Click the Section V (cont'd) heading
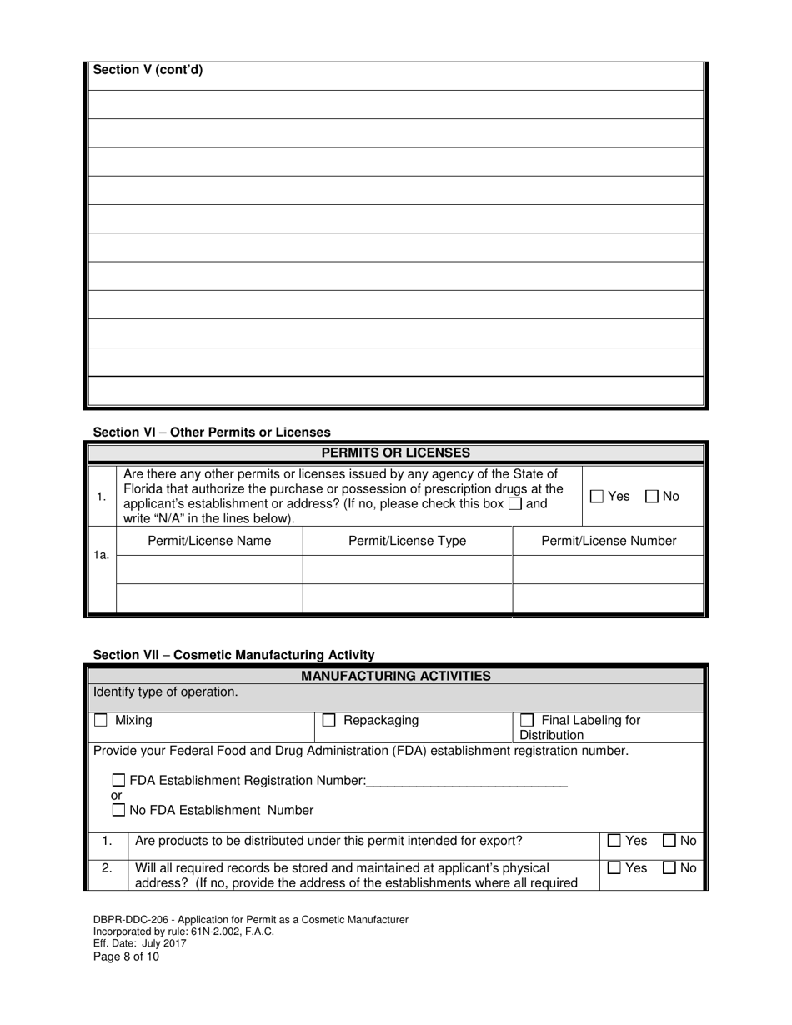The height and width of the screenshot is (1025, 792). tap(148, 70)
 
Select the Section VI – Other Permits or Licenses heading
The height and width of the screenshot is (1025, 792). tap(212, 432)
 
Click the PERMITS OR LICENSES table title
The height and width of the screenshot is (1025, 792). tap(396, 452)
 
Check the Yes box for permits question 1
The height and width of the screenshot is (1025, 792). tap(597, 496)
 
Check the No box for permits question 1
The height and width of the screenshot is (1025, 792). tap(652, 496)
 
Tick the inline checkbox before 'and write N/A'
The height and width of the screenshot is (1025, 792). tap(515, 504)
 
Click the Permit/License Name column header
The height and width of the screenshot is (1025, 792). tap(209, 541)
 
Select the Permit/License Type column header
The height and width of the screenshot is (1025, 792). tap(407, 541)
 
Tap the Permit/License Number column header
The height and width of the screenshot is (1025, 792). tap(609, 541)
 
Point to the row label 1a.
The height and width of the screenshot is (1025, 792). tap(101, 554)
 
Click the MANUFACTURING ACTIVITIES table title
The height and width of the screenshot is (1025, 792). tap(396, 676)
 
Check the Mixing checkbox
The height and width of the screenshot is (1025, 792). tap(101, 720)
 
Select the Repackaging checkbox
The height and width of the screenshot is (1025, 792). tap(329, 720)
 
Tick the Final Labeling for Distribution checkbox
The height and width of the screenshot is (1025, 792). tap(527, 720)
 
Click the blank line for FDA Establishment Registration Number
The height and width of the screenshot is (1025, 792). tap(467, 781)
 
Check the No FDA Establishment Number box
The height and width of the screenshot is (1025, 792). tap(119, 810)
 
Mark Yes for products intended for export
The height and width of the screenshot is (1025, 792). tap(614, 841)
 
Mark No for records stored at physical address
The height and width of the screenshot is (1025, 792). tap(669, 867)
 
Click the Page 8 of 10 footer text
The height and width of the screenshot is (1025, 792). tap(126, 957)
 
